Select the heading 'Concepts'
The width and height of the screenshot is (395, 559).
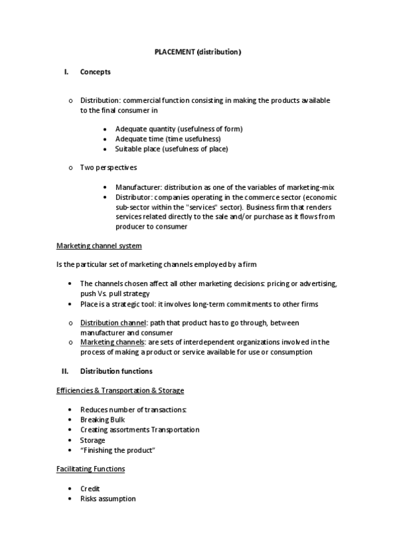tap(95, 72)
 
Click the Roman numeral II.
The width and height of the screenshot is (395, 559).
tap(65, 370)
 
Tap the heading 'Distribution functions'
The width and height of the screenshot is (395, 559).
tap(116, 370)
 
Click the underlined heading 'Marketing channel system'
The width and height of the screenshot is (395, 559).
tap(98, 246)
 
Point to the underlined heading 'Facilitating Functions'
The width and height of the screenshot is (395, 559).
tap(90, 469)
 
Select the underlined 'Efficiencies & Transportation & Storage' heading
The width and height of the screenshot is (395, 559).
tap(119, 391)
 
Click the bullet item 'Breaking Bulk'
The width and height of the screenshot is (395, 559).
tap(102, 419)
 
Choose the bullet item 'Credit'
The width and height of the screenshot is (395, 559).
tap(90, 488)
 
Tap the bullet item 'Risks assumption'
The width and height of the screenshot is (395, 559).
tap(107, 499)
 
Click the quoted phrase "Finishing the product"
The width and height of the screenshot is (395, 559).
tap(117, 450)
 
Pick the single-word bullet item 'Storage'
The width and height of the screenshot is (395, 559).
tap(92, 440)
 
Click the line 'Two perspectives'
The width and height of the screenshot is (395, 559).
tap(108, 167)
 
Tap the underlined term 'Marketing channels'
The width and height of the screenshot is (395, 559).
tap(113, 342)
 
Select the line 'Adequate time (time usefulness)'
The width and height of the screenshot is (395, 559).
tap(167, 139)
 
